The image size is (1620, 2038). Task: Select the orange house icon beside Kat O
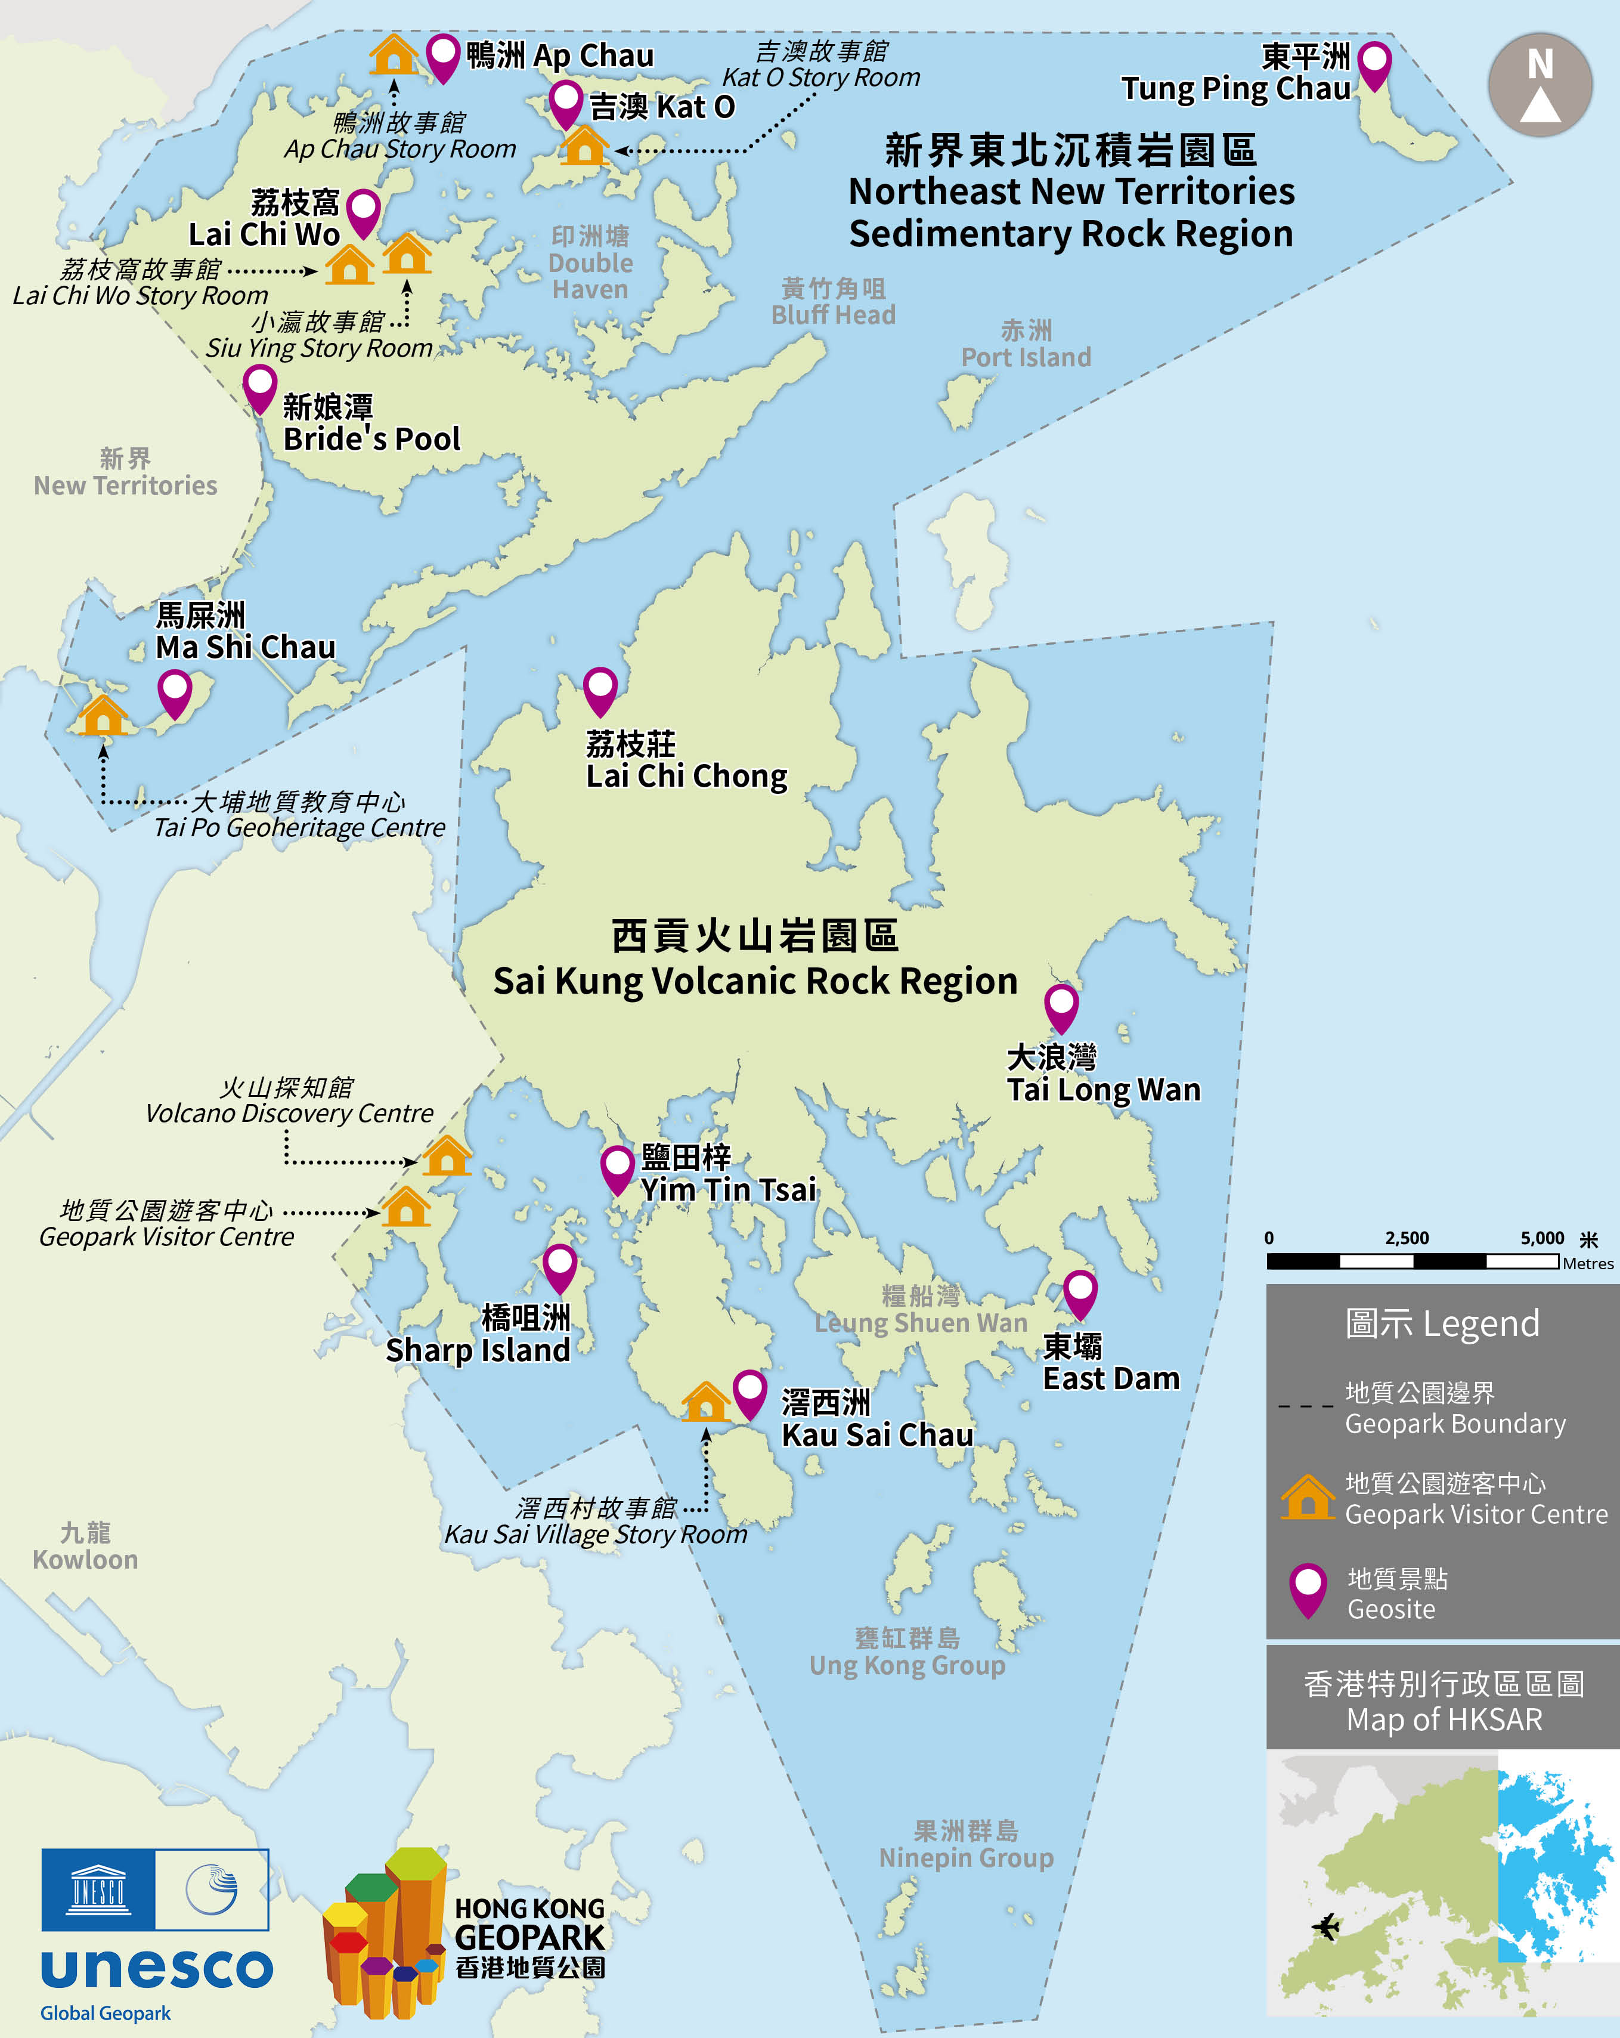pyautogui.click(x=583, y=147)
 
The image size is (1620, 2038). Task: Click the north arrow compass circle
pyautogui.click(x=1540, y=85)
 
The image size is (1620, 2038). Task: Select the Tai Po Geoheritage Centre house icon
pyautogui.click(x=103, y=716)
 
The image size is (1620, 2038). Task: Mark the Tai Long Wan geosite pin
pyautogui.click(x=1061, y=1007)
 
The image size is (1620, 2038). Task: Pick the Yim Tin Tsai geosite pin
pyautogui.click(x=617, y=1168)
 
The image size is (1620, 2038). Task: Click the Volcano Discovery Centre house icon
pyautogui.click(x=446, y=1156)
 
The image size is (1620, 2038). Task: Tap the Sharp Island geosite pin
pyautogui.click(x=559, y=1267)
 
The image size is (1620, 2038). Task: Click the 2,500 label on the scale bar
pyautogui.click(x=1407, y=1238)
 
